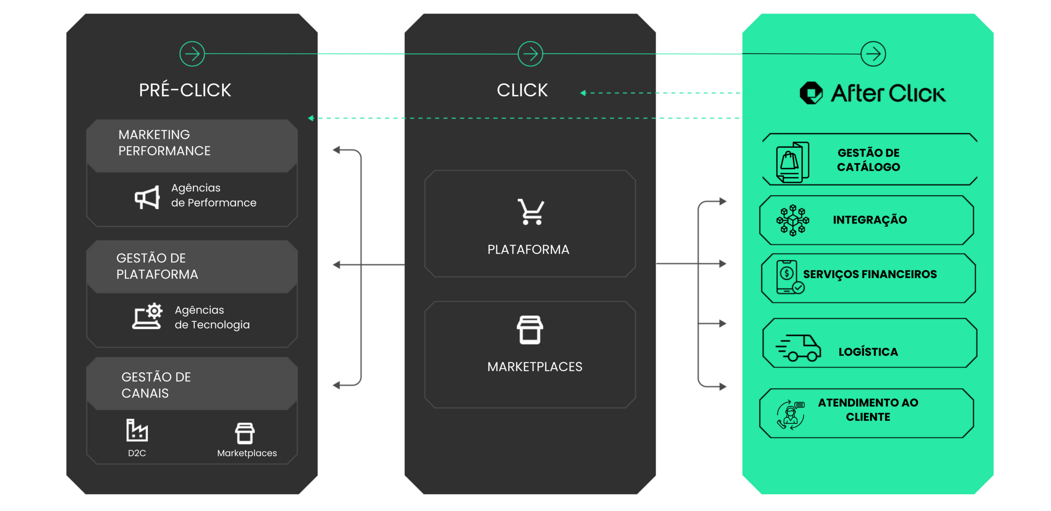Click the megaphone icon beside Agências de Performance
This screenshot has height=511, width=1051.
147,197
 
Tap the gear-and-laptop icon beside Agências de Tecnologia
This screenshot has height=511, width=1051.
147,316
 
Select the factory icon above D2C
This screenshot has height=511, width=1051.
137,430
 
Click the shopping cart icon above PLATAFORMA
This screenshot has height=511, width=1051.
530,212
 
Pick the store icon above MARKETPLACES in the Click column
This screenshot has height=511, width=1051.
530,330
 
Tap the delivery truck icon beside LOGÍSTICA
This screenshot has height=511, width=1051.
798,348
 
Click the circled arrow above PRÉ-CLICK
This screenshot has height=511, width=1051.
192,54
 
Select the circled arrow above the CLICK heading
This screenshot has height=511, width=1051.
530,54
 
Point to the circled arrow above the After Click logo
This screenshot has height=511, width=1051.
873,54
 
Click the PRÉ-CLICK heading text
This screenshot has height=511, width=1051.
185,90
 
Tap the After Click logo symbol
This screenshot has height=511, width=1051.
811,93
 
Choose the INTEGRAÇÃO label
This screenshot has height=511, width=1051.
870,220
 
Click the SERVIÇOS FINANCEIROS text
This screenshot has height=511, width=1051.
870,274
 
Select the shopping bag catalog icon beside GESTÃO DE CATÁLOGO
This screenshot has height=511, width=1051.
792,162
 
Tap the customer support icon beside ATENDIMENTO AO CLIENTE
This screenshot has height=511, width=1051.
791,415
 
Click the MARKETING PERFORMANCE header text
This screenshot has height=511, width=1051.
164,143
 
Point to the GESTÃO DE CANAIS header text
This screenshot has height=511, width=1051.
156,385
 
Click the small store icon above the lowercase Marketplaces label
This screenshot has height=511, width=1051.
245,433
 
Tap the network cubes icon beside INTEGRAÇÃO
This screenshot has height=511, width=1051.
793,220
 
